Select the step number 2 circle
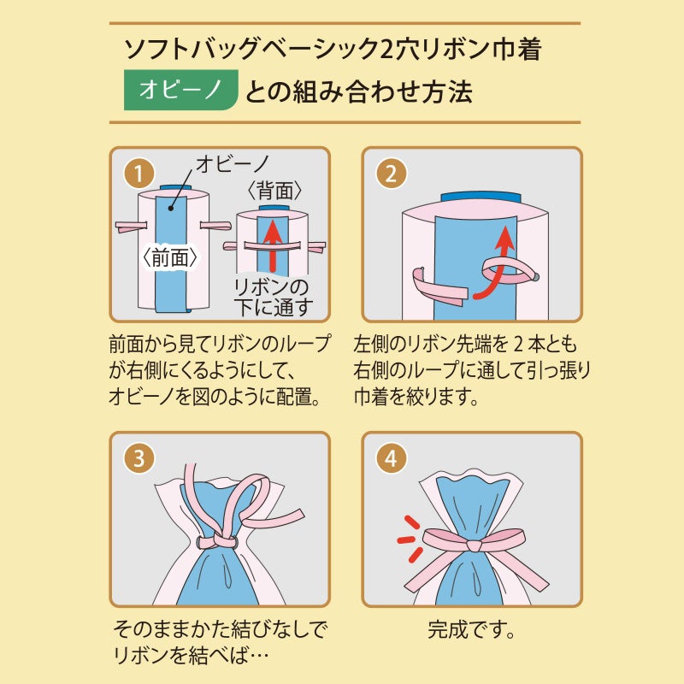pyautogui.click(x=390, y=174)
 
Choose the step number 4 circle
pyautogui.click(x=391, y=457)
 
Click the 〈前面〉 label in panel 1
pyautogui.click(x=170, y=256)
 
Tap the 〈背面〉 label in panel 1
pyautogui.click(x=274, y=191)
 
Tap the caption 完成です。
pyautogui.click(x=470, y=634)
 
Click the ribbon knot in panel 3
pyautogui.click(x=218, y=542)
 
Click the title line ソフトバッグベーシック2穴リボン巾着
pyautogui.click(x=333, y=49)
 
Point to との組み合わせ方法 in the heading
pyautogui.click(x=358, y=92)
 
